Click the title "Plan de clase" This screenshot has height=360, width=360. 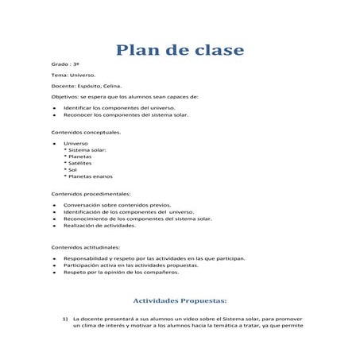pyautogui.click(x=180, y=51)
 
